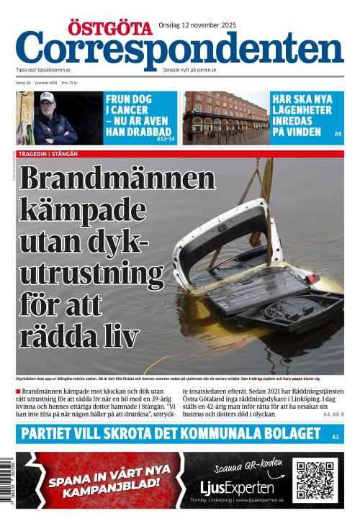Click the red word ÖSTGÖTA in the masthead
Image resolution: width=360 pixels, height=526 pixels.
click(110, 28)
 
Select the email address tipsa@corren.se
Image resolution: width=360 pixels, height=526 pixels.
click(54, 70)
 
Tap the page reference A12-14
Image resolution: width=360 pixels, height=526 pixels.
click(165, 138)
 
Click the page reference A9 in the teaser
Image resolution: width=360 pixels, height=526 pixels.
click(338, 134)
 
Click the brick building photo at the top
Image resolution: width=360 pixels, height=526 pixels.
click(225, 117)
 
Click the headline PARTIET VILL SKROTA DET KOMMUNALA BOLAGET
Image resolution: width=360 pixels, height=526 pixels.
click(171, 433)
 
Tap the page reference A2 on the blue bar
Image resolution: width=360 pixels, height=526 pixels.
click(335, 437)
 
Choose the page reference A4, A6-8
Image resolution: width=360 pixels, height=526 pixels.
click(333, 414)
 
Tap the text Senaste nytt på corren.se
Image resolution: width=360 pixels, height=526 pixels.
click(189, 70)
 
